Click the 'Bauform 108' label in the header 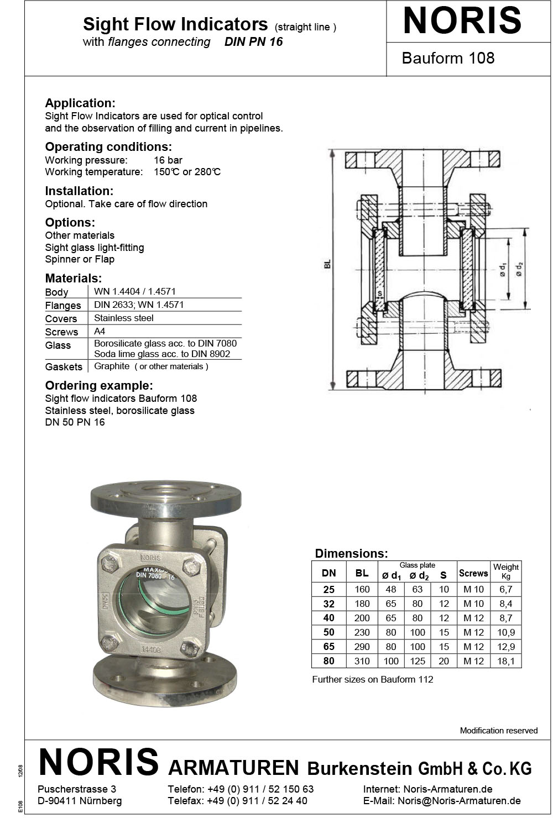448,58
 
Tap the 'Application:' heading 80,103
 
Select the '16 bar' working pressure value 168,160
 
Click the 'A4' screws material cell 100,331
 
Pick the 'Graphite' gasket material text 112,366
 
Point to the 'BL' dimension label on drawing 327,265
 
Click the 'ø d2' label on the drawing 519,269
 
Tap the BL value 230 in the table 362,632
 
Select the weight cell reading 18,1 505,661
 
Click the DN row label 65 328,647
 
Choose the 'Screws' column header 473,573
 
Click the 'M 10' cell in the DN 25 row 473,589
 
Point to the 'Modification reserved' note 498,731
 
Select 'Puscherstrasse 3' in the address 77,789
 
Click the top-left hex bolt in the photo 109,565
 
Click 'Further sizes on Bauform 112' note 372,679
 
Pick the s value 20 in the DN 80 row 444,661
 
